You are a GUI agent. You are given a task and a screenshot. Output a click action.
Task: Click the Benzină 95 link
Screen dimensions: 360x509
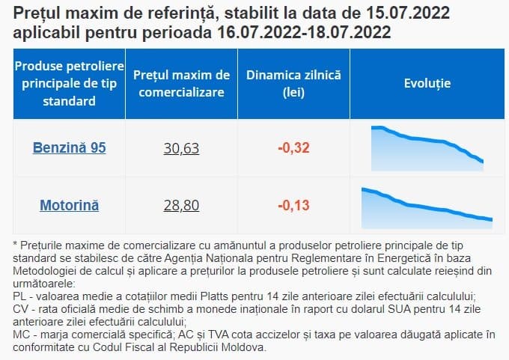[69, 148]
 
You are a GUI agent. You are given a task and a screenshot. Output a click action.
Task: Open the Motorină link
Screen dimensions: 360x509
[69, 205]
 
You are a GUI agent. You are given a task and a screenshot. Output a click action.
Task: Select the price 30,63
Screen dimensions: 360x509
[181, 148]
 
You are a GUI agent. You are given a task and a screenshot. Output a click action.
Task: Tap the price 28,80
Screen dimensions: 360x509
[181, 205]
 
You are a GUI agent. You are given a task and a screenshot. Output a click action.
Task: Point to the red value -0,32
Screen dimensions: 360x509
[293, 148]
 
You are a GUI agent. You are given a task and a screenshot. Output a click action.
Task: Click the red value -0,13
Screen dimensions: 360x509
[293, 205]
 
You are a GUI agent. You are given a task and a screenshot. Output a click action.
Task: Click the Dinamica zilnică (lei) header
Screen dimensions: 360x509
[293, 84]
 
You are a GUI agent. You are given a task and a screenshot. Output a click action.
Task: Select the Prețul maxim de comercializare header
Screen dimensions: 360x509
[181, 84]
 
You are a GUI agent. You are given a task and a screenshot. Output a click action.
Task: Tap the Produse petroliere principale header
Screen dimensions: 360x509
[69, 84]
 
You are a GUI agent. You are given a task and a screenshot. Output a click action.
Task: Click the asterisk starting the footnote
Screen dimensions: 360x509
[15, 245]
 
